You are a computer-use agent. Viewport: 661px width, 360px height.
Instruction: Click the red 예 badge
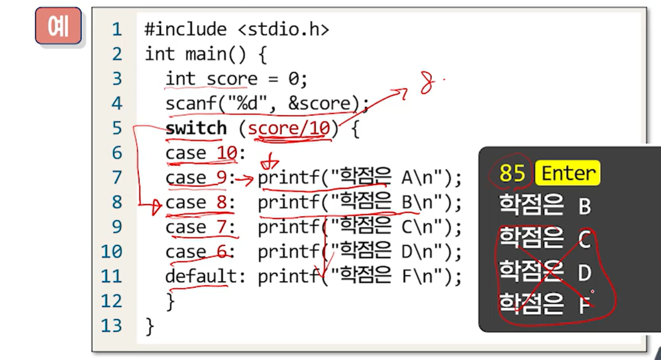pyautogui.click(x=58, y=26)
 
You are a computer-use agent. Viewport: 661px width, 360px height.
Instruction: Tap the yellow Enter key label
pyautogui.click(x=567, y=173)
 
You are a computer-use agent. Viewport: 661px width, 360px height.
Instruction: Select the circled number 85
pyautogui.click(x=511, y=174)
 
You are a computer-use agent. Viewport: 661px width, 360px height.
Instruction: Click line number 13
pyautogui.click(x=111, y=325)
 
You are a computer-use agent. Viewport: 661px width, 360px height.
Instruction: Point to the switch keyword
pyautogui.click(x=196, y=128)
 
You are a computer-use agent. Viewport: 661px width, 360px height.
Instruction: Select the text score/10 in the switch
pyautogui.click(x=289, y=128)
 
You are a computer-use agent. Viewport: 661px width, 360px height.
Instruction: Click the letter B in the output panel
pyautogui.click(x=584, y=207)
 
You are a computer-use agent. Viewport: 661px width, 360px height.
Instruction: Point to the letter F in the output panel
pyautogui.click(x=584, y=306)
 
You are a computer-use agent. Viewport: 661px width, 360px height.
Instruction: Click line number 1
pyautogui.click(x=116, y=30)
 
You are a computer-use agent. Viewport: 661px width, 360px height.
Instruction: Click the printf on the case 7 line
pyautogui.click(x=288, y=227)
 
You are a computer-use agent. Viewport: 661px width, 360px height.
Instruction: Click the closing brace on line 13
pyautogui.click(x=149, y=325)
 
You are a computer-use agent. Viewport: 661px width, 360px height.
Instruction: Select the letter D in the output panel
pyautogui.click(x=584, y=273)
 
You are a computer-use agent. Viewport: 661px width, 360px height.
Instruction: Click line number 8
pyautogui.click(x=116, y=202)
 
